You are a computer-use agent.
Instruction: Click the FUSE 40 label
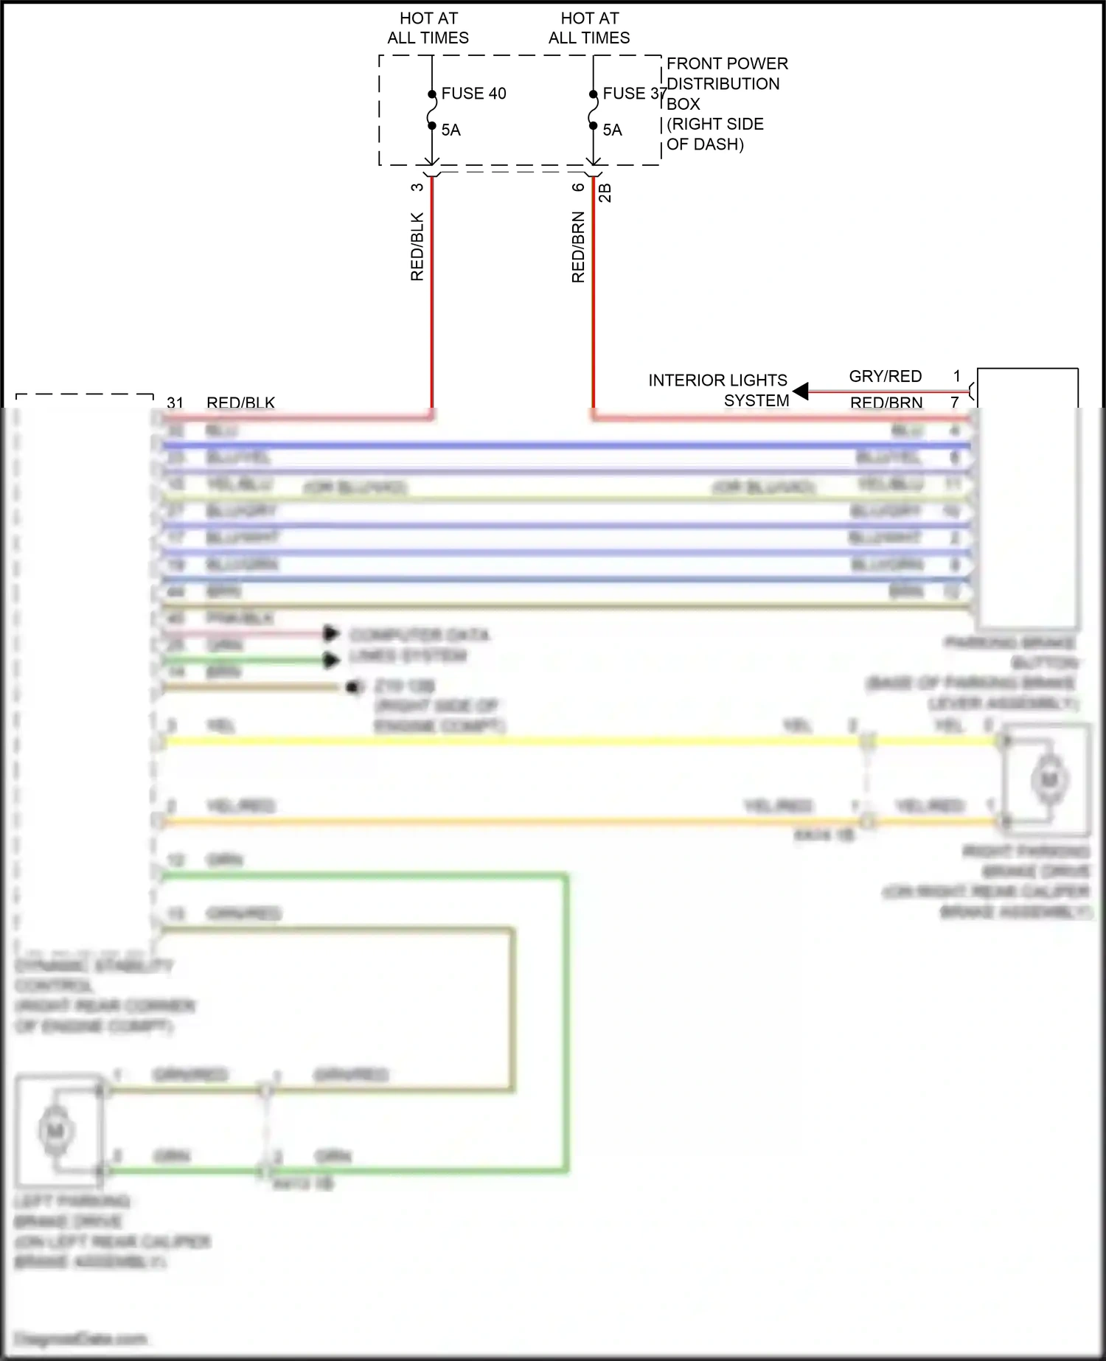coord(473,94)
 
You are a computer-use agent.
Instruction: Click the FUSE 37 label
coord(633,94)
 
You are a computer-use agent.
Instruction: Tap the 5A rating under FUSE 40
coord(451,130)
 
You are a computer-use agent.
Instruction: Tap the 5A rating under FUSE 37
coord(612,130)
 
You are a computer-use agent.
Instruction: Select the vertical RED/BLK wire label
coord(417,246)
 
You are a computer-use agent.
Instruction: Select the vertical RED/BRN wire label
coord(578,247)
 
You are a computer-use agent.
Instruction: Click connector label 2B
coord(605,192)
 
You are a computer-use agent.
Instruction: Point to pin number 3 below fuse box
coord(417,187)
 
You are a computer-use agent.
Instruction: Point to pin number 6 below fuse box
coord(578,187)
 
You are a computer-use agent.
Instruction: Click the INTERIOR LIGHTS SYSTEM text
coord(718,390)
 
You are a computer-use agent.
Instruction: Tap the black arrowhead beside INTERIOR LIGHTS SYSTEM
coord(801,391)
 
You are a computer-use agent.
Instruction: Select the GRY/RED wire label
coord(885,376)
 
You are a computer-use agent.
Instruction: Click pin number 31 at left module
coord(175,403)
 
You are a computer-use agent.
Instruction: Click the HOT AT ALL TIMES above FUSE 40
coord(428,28)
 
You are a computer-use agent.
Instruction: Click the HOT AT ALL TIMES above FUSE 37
coord(589,28)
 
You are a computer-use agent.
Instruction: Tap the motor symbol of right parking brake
coord(1049,779)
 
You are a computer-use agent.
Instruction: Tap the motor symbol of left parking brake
coord(56,1130)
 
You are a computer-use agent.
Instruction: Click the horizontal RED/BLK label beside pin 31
coord(240,403)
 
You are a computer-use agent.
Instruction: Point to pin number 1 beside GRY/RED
coord(956,376)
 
